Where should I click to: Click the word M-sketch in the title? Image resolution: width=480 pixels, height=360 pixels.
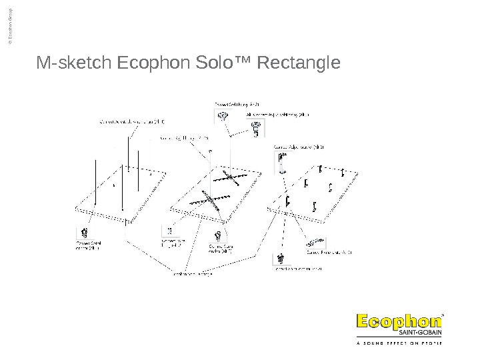(x=75, y=64)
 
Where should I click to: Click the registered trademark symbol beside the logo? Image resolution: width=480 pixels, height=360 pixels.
(x=445, y=311)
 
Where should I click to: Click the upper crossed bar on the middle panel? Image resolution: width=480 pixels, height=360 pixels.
(x=232, y=177)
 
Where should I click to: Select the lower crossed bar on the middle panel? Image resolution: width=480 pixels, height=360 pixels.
(x=208, y=199)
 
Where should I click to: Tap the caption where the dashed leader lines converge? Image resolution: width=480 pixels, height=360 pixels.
(x=193, y=273)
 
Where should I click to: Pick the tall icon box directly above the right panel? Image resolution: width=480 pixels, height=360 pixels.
(x=281, y=161)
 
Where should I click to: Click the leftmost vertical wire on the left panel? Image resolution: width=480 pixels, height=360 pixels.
(x=96, y=181)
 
